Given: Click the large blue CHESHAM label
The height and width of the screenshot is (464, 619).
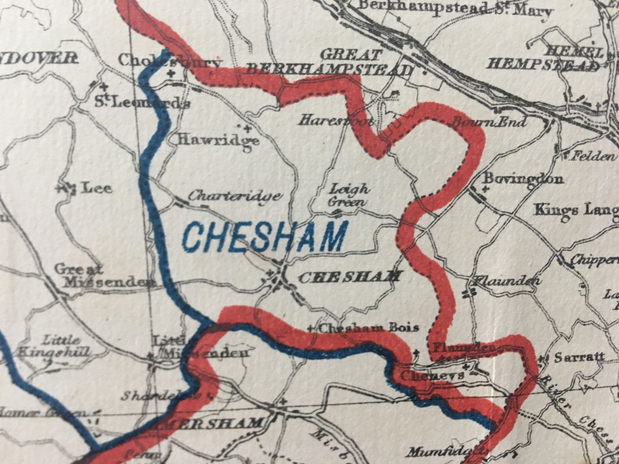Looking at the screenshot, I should click(x=264, y=237).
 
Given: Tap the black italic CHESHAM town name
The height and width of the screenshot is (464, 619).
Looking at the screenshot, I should click(x=350, y=277).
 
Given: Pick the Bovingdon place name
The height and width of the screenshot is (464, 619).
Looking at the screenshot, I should click(x=523, y=179).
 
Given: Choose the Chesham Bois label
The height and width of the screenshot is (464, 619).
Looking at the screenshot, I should click(x=369, y=328).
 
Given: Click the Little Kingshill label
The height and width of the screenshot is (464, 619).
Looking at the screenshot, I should click(x=54, y=347).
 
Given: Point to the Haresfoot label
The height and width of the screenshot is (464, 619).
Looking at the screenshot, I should click(x=336, y=121).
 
